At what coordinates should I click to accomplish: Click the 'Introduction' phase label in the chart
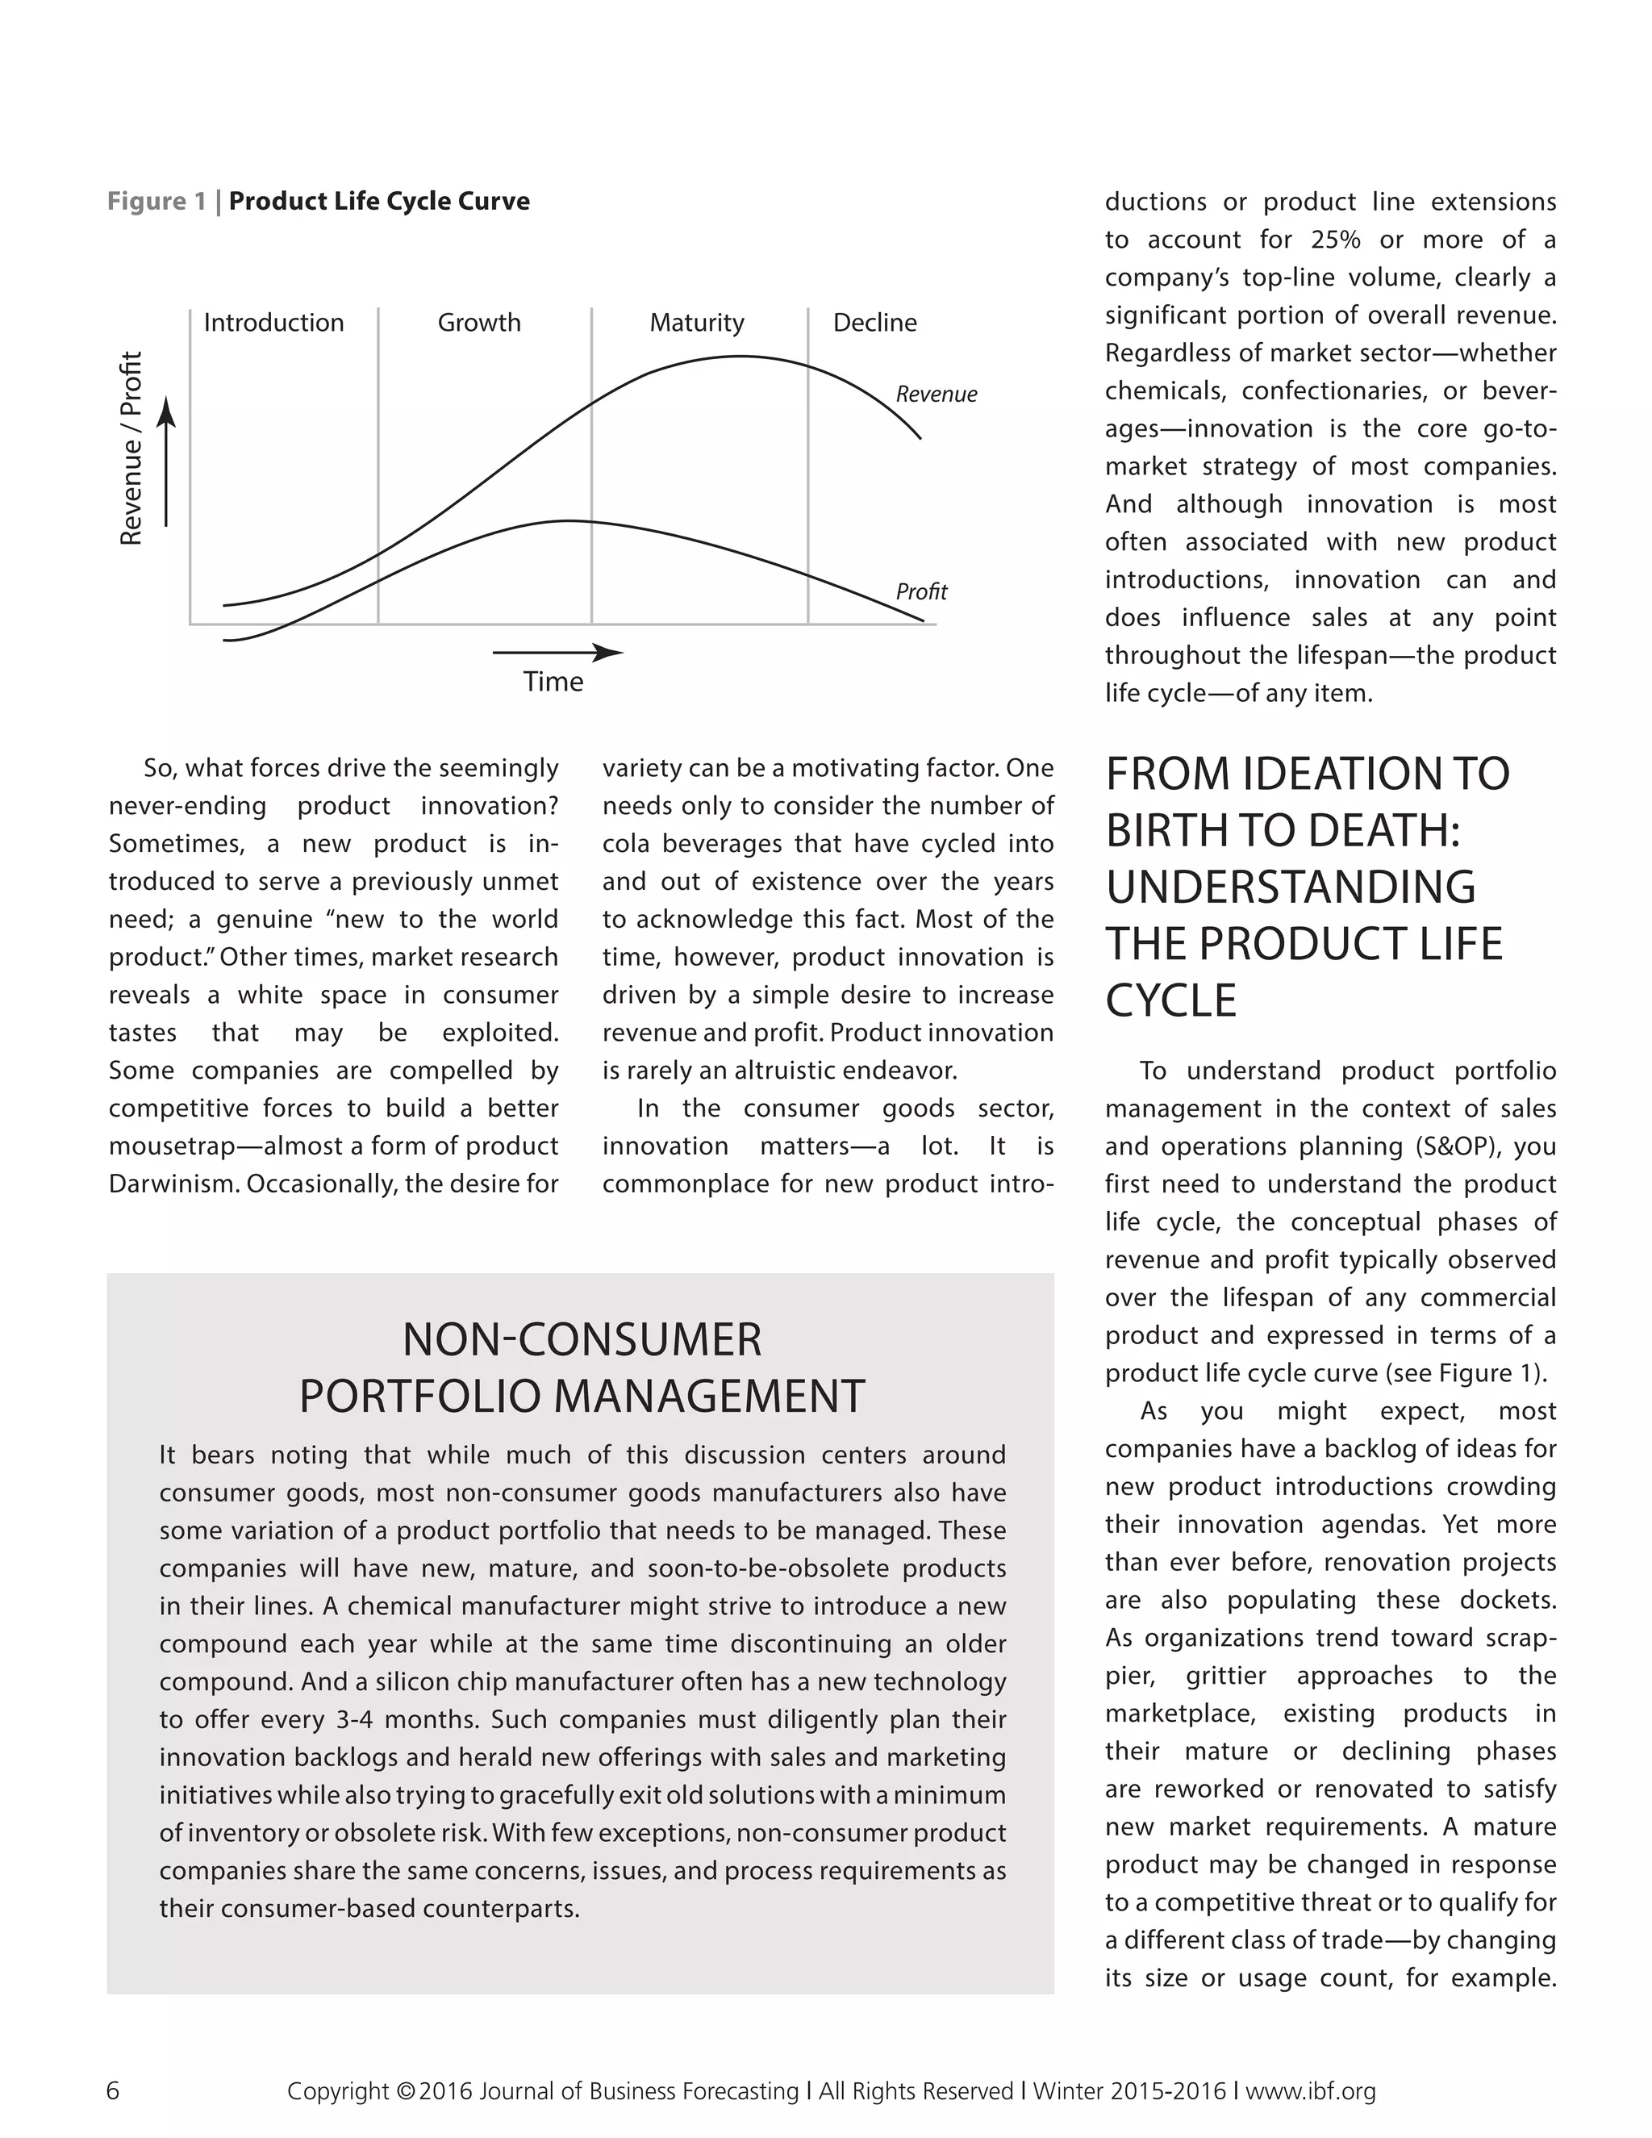(x=273, y=322)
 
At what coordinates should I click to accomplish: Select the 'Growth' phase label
(x=478, y=322)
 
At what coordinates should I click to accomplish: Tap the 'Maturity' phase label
(x=697, y=322)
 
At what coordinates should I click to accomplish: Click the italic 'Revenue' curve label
(x=936, y=394)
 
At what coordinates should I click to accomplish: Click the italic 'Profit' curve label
(x=921, y=591)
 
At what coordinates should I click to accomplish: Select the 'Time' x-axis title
(x=553, y=682)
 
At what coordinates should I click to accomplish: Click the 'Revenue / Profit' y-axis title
(x=131, y=448)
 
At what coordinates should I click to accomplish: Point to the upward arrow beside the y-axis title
(x=167, y=460)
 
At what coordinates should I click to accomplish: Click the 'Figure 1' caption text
(x=156, y=201)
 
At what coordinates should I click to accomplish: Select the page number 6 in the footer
(x=113, y=2090)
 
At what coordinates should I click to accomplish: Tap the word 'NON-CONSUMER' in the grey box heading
(x=582, y=1339)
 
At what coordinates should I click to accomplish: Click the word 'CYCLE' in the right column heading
(x=1170, y=1000)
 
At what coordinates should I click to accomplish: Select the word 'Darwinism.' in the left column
(x=173, y=1184)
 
